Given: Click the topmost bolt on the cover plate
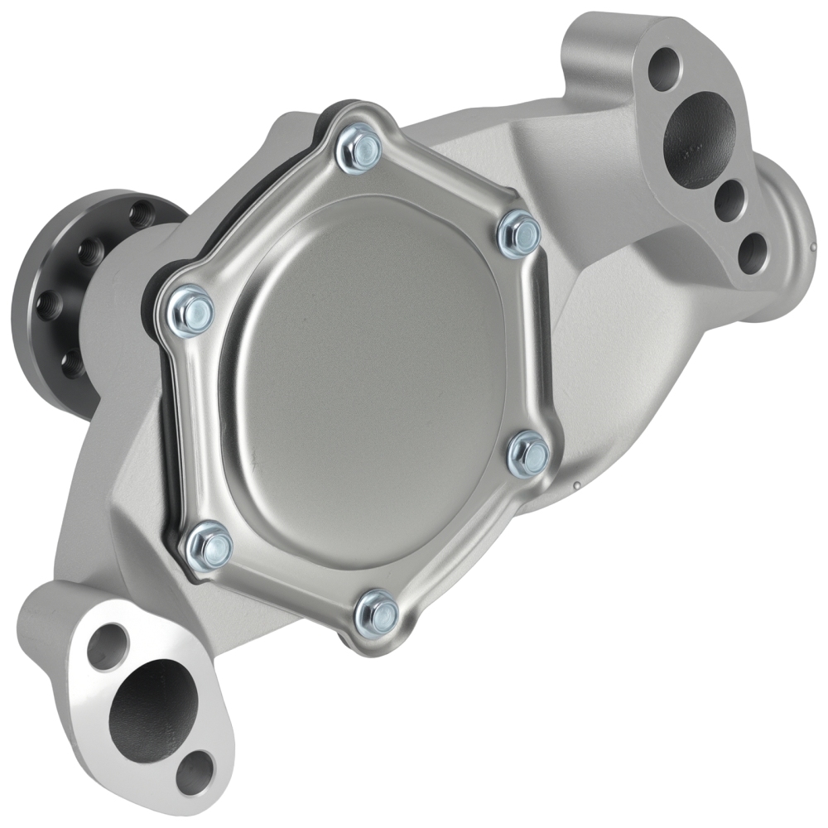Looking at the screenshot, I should pyautogui.click(x=359, y=149).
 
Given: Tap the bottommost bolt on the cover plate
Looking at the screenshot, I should pyautogui.click(x=376, y=613).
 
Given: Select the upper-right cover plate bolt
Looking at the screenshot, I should pyautogui.click(x=520, y=233).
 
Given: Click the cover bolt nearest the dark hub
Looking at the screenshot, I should pyautogui.click(x=191, y=310).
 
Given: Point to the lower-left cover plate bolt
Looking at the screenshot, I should pyautogui.click(x=209, y=546).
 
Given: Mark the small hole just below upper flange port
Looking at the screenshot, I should pyautogui.click(x=729, y=196).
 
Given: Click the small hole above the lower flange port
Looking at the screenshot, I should pyautogui.click(x=108, y=645).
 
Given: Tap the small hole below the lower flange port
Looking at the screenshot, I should pyautogui.click(x=196, y=771).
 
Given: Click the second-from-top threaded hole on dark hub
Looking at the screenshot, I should pyautogui.click(x=89, y=249).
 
